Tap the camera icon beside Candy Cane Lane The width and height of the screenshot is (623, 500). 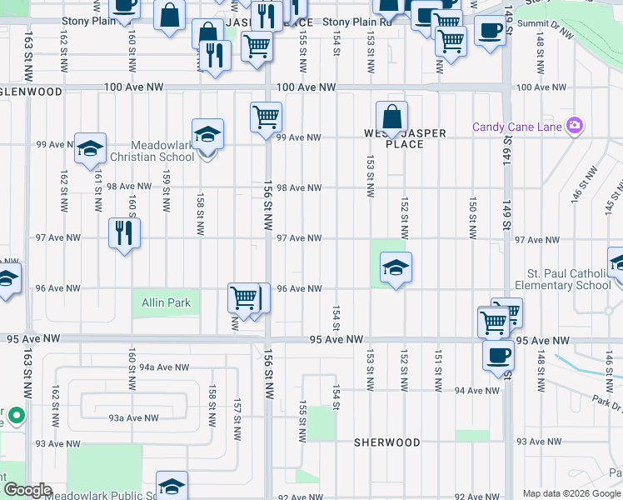pyautogui.click(x=574, y=127)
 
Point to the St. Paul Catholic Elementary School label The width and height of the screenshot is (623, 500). pyautogui.click(x=569, y=279)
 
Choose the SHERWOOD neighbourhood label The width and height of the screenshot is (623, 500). pyautogui.click(x=386, y=442)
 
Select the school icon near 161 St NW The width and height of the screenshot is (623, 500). pyautogui.click(x=90, y=148)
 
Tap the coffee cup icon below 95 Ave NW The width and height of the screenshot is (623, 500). pyautogui.click(x=498, y=354)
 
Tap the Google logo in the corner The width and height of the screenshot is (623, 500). pyautogui.click(x=27, y=490)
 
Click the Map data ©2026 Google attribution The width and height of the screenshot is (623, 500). pyautogui.click(x=571, y=493)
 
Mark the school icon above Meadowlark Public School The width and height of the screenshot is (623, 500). pyautogui.click(x=172, y=486)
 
